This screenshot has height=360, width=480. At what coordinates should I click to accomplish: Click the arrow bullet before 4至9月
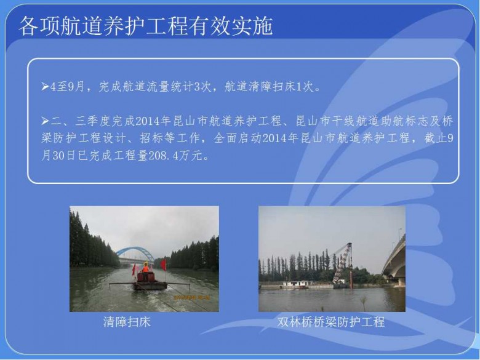[46, 87]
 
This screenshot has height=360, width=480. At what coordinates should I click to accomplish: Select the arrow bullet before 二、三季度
[46, 121]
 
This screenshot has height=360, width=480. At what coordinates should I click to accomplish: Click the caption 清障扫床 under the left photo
[127, 322]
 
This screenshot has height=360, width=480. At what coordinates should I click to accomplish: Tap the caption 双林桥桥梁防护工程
[331, 322]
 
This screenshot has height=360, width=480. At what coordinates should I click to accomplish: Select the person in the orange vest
[145, 268]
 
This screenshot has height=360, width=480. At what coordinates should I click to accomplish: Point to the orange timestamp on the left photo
[191, 297]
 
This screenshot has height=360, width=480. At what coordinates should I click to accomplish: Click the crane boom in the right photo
[343, 263]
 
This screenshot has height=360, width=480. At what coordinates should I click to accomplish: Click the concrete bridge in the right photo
[394, 261]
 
